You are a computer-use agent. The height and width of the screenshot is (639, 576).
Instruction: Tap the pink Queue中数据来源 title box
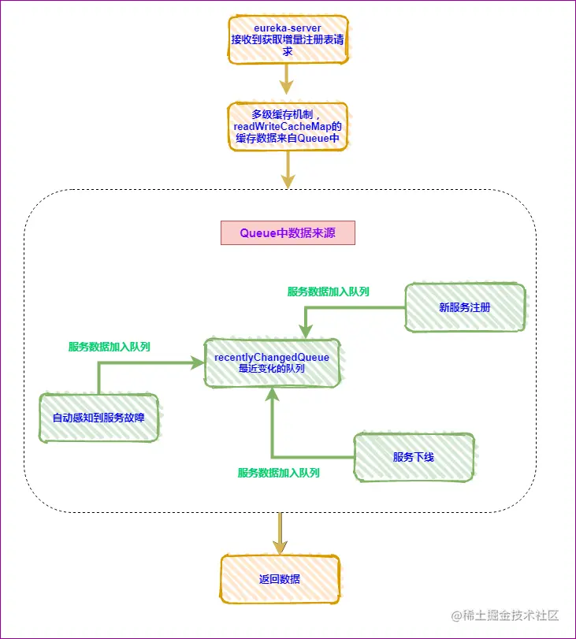click(288, 233)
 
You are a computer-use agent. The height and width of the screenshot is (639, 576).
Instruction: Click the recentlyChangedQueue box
click(272, 363)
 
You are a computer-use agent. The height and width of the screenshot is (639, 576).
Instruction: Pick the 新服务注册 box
click(465, 307)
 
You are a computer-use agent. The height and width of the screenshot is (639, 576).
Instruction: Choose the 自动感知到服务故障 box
click(98, 418)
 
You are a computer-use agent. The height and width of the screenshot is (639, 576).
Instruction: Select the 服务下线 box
click(414, 457)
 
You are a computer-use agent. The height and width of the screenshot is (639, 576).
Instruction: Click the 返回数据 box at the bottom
click(280, 579)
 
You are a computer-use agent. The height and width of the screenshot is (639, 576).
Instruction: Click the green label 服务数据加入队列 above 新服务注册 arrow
click(329, 292)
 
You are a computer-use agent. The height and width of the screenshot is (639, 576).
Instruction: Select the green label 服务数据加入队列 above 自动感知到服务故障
click(110, 347)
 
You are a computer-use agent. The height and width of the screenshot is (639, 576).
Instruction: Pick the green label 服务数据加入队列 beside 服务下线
click(279, 473)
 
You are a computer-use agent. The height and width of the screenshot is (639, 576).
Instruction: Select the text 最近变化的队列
click(272, 369)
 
